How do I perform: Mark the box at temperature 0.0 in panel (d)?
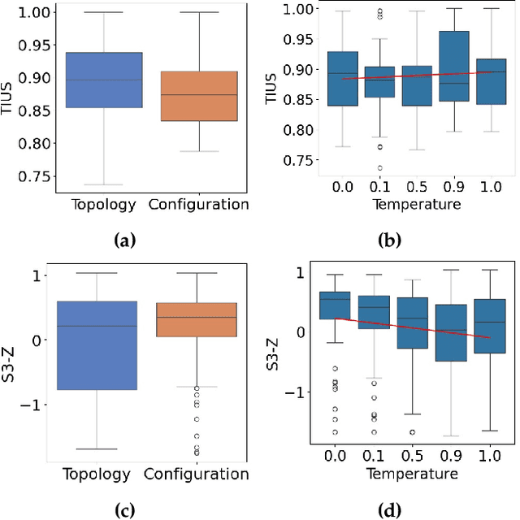tap(336, 305)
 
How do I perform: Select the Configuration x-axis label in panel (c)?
tap(198, 474)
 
